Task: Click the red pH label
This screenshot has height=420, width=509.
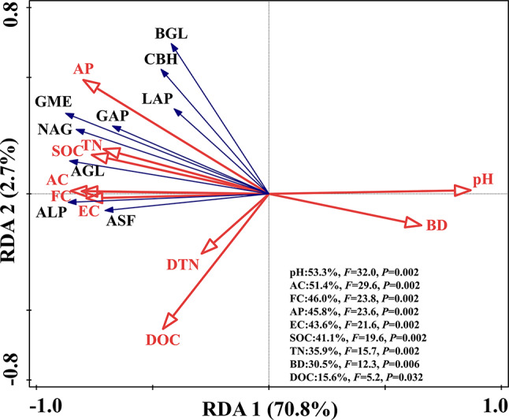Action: click(x=482, y=180)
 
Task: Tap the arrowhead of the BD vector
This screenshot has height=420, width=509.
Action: click(x=414, y=223)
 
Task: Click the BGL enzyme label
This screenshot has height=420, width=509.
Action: click(x=172, y=33)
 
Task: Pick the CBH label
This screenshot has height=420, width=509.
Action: click(x=161, y=59)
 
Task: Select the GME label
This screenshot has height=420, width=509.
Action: click(x=54, y=102)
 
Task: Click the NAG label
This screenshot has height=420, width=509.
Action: click(x=54, y=128)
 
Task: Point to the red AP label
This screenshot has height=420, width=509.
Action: click(x=84, y=69)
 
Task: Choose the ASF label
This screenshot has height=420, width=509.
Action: click(x=121, y=221)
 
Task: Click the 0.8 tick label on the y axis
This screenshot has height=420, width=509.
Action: click(x=14, y=20)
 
